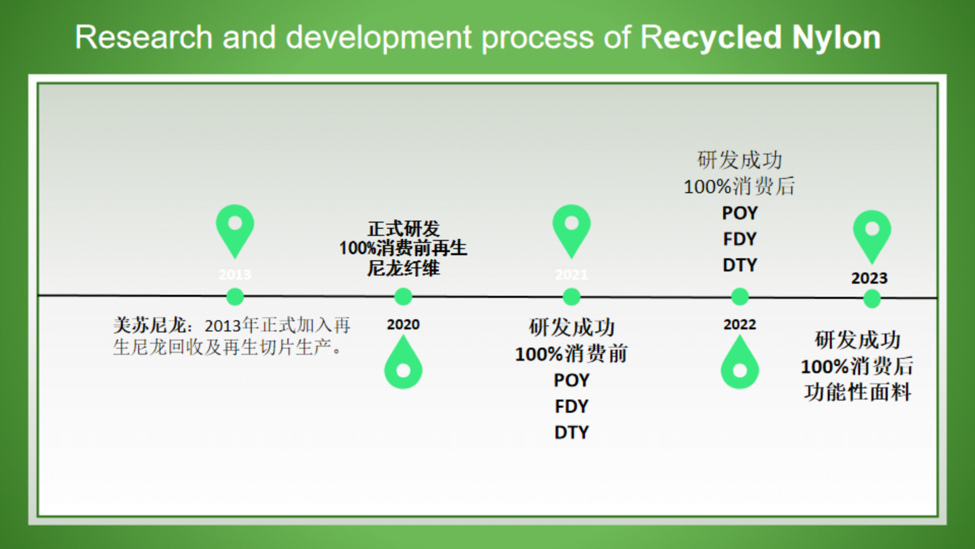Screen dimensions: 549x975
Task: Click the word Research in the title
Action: tap(144, 37)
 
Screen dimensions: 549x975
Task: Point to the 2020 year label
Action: tap(403, 324)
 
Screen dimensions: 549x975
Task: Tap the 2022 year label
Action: tap(739, 324)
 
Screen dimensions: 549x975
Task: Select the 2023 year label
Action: tap(869, 278)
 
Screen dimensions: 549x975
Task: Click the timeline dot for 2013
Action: tap(235, 296)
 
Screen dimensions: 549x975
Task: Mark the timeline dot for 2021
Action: tap(571, 296)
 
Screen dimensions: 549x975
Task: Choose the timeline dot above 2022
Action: tap(739, 296)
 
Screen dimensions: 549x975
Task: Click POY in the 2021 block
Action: tap(571, 380)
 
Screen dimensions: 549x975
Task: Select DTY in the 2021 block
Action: tap(571, 433)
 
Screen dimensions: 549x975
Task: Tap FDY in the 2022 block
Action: tap(739, 239)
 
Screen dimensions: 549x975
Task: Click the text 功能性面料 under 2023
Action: tap(857, 392)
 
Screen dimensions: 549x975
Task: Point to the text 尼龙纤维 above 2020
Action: tap(403, 268)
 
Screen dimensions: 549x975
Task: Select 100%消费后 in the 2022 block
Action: tap(739, 187)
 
